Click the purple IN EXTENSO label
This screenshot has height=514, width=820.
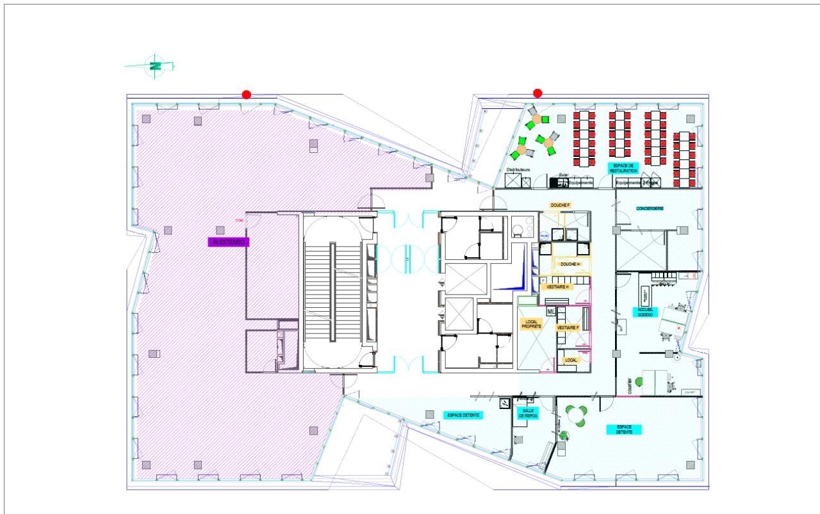(228, 242)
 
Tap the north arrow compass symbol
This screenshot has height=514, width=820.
(154, 65)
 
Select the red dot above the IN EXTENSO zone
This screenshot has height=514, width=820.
(246, 95)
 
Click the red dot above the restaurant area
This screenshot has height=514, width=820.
(537, 93)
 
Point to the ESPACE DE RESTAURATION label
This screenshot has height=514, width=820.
(622, 168)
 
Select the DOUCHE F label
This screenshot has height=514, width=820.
(560, 205)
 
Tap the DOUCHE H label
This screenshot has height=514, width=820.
(569, 264)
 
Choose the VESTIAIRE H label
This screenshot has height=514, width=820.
(558, 287)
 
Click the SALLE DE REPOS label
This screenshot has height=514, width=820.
(529, 414)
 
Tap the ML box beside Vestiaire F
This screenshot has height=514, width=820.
(550, 312)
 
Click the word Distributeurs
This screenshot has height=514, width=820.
(520, 170)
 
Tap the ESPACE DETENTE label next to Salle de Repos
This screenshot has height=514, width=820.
(463, 415)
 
